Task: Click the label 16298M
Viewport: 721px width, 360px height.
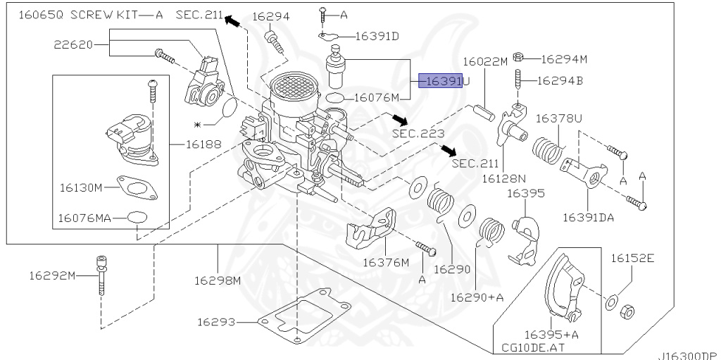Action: pos(218,280)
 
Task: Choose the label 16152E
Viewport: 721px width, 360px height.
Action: pos(632,259)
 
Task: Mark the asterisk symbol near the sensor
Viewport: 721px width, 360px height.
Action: pos(198,124)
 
